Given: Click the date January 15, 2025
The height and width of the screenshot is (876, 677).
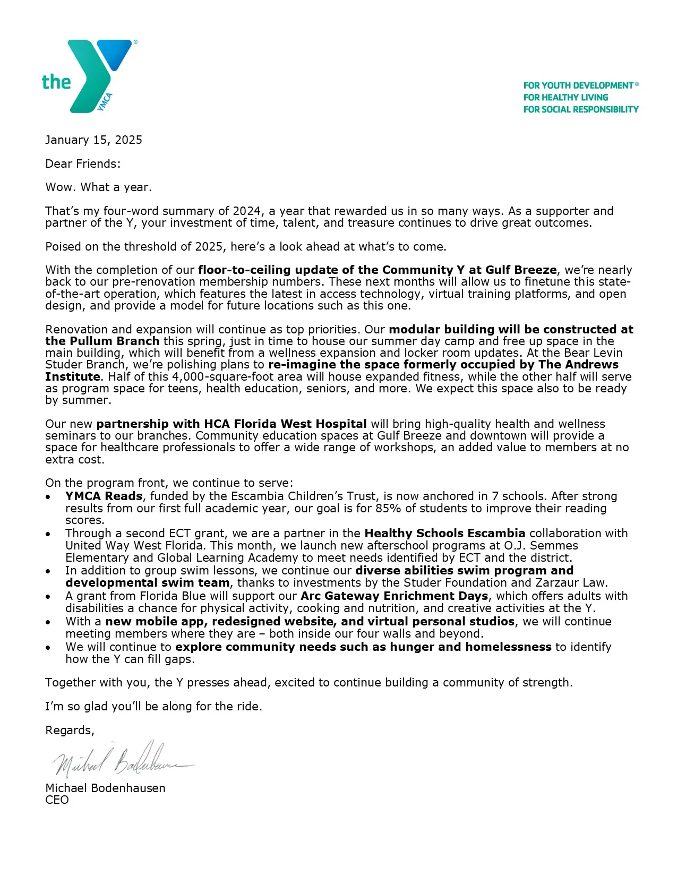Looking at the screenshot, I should tap(93, 140).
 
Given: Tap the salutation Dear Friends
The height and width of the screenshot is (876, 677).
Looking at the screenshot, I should tap(82, 164).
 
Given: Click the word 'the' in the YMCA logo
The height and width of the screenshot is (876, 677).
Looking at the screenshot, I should tap(56, 82).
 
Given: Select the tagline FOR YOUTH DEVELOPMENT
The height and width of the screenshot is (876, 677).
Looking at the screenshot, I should tap(579, 85).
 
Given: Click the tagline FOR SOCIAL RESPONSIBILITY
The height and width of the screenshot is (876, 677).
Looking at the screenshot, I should tap(580, 109).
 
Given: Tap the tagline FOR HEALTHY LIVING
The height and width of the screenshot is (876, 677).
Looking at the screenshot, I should tap(565, 97).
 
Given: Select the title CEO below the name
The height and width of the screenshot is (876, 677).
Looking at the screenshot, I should tap(57, 800).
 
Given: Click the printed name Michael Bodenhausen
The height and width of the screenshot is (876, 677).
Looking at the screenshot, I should tap(105, 788).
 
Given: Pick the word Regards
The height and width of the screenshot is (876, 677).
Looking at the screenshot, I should tap(69, 731).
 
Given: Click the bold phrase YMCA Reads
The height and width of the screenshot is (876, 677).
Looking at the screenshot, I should tap(104, 496).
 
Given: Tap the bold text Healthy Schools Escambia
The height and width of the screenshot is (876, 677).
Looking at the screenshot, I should tap(444, 533).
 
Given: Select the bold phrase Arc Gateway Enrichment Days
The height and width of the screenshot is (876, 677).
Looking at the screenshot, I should tap(394, 596).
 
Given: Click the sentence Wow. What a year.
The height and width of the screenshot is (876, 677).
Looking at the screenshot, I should tap(98, 187).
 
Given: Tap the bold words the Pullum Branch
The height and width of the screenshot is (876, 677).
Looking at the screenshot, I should tap(102, 341).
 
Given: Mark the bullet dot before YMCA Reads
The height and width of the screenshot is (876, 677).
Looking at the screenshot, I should tap(48, 497).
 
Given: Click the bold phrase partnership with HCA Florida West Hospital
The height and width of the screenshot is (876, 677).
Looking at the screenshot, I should tap(232, 424).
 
